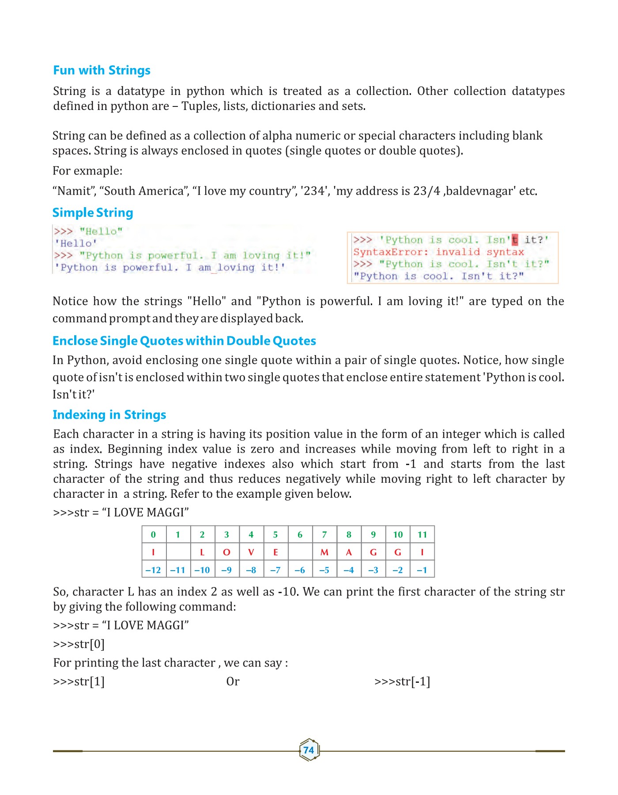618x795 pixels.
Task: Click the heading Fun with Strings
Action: point(102,70)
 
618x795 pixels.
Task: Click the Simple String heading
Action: point(93,213)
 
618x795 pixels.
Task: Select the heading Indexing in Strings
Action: point(109,415)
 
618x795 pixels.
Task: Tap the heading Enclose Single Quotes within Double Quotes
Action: point(184,341)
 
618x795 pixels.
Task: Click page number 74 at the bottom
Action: point(309,750)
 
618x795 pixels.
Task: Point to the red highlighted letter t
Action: point(515,240)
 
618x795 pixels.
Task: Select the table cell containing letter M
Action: point(324,552)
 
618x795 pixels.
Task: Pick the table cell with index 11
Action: point(422,535)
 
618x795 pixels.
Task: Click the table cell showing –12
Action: point(153,570)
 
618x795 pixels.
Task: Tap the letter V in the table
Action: point(251,552)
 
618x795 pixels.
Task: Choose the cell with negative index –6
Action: point(300,570)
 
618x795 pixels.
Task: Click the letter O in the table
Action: point(226,552)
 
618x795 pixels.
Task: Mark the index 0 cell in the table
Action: point(153,535)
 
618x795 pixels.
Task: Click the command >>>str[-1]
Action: point(402,681)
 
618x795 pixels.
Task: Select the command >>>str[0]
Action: point(79,644)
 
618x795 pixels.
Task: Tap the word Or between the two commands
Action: point(233,681)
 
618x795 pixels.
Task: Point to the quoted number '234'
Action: point(315,191)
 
